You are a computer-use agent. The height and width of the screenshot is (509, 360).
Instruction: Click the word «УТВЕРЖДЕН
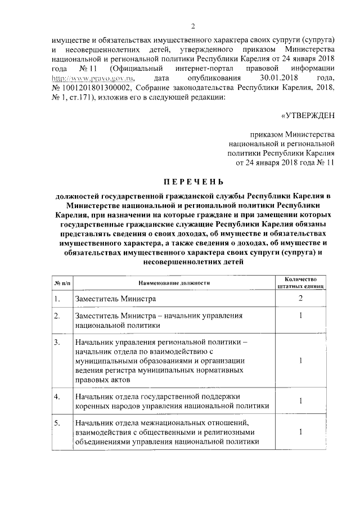tap(308, 115)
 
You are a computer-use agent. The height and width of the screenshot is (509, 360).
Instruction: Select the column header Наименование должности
tap(172, 282)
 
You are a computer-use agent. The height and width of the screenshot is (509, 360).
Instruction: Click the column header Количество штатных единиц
tap(301, 282)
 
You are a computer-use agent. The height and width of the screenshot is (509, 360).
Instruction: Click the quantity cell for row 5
tap(301, 431)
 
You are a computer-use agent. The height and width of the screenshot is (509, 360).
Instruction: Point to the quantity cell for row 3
tap(301, 361)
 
